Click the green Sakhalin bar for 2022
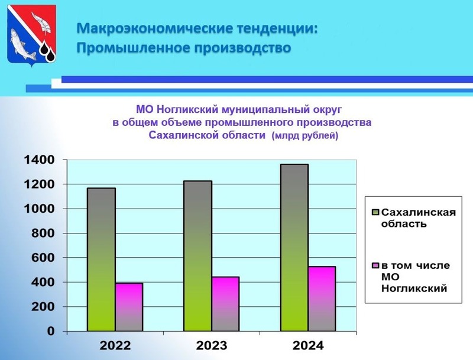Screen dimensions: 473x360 [101, 260]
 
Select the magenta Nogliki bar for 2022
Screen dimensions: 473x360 [129, 307]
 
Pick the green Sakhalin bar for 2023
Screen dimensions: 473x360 [198, 256]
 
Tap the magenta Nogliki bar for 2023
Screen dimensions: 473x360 [226, 304]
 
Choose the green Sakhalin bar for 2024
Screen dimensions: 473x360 [294, 248]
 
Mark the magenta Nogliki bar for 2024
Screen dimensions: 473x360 [322, 299]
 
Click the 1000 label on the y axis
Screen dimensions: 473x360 [39, 209]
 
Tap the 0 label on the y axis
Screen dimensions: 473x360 [51, 331]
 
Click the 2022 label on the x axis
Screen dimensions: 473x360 [115, 346]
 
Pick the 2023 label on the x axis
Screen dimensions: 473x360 [212, 346]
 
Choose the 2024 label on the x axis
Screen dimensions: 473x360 [308, 346]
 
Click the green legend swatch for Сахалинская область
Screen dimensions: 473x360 [375, 212]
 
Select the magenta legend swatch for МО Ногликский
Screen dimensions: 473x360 [375, 265]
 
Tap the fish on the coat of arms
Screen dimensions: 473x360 [22, 44]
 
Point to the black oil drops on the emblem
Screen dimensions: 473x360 [48, 51]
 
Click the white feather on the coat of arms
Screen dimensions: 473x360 [41, 22]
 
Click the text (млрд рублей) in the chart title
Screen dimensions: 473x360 [305, 136]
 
